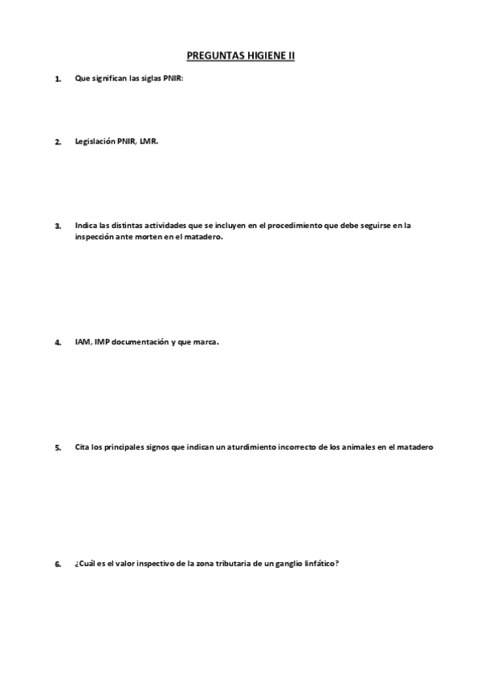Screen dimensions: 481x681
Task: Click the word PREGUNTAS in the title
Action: coord(213,56)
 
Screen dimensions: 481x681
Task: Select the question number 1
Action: coord(57,79)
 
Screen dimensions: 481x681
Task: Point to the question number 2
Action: coord(57,142)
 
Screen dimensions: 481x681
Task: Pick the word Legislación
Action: coord(96,141)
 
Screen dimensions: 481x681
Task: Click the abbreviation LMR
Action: coord(149,141)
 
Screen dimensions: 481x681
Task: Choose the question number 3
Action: coord(57,226)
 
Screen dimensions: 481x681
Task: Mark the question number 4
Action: coord(57,342)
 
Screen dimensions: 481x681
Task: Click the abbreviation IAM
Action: coord(82,341)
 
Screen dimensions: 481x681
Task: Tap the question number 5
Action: coord(57,448)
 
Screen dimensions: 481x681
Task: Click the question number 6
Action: coord(57,564)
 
